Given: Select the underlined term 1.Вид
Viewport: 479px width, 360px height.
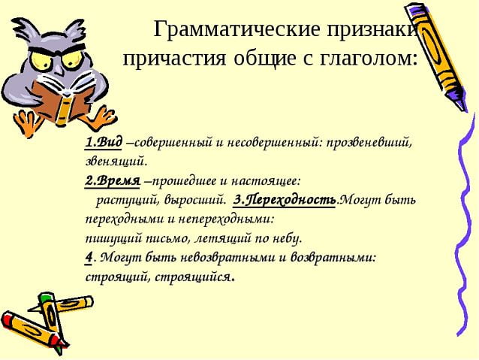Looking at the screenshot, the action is tap(104, 142).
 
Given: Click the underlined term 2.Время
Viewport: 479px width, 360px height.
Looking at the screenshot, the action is tap(112, 181).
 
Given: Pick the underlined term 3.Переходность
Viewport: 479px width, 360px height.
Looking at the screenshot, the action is tap(285, 201).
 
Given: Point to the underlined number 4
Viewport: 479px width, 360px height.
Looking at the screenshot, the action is tap(89, 258).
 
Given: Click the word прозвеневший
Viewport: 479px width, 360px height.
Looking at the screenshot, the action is tap(369, 143).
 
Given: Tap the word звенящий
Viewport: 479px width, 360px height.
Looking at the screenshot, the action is tap(116, 162).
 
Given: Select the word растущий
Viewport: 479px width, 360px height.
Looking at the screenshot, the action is tap(128, 201).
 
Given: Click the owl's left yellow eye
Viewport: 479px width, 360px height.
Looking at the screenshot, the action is tap(41, 60).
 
